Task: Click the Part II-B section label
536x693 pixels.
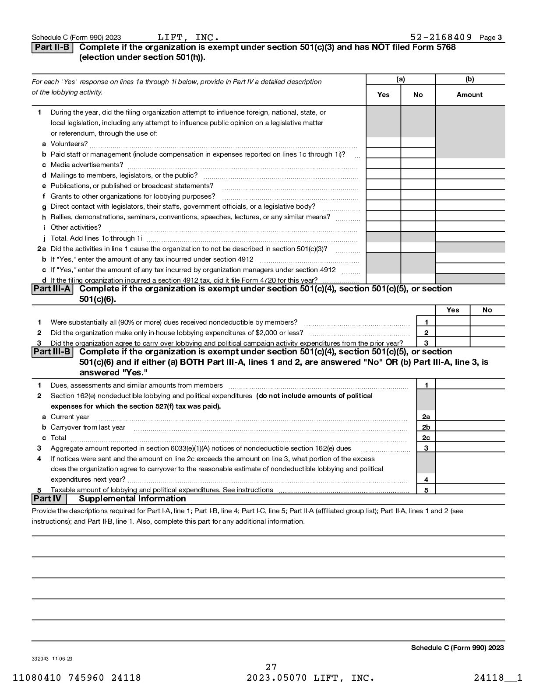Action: (52, 47)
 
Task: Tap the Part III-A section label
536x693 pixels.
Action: (53, 289)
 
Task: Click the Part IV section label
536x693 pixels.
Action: (49, 499)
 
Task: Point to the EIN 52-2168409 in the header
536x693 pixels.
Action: (441, 37)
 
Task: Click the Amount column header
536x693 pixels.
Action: (469, 95)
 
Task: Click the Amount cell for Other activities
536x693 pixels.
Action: (470, 227)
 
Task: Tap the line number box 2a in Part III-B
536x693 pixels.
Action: (426, 417)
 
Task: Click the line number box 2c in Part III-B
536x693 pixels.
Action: (426, 438)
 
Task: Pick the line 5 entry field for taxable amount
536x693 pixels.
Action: (470, 490)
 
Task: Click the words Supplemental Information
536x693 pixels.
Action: (132, 499)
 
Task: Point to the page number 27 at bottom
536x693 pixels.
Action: (271, 667)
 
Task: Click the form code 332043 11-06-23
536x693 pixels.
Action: (52, 658)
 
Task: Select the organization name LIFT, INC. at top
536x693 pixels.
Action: (188, 37)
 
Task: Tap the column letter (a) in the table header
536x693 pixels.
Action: (400, 79)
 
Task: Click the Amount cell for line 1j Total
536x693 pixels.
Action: (470, 238)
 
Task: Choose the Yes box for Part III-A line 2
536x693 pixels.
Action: (452, 332)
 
